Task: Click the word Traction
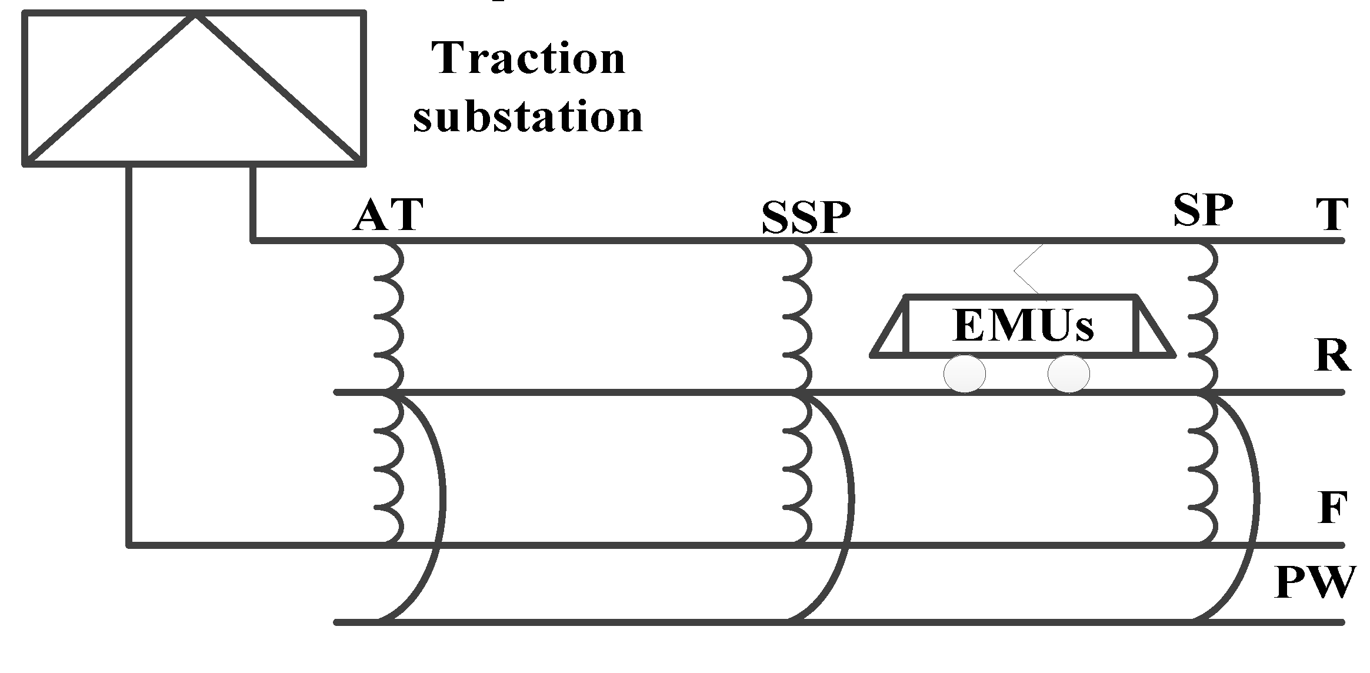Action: pyautogui.click(x=528, y=59)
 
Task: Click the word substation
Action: pyautogui.click(x=528, y=116)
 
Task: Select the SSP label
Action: pyautogui.click(x=805, y=218)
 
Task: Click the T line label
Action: pyautogui.click(x=1331, y=215)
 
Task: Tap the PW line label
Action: pyautogui.click(x=1315, y=582)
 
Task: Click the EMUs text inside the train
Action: pyautogui.click(x=1023, y=325)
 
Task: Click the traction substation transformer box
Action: pyautogui.click(x=194, y=88)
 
